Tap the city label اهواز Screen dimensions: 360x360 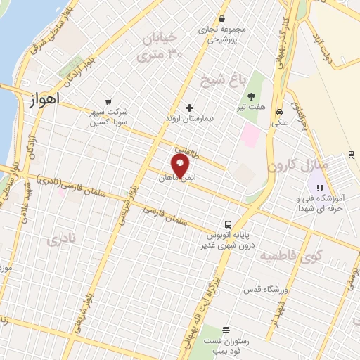(43, 101)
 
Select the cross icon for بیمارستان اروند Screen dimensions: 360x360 (188, 108)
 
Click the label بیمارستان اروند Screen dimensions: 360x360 (188, 120)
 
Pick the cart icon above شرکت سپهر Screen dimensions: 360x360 (108, 102)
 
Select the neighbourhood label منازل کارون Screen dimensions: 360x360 (292, 167)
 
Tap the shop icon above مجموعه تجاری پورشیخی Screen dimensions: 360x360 (222, 18)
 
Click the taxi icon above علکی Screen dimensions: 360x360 (279, 112)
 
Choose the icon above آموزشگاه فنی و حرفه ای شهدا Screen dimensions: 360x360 (320, 188)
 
